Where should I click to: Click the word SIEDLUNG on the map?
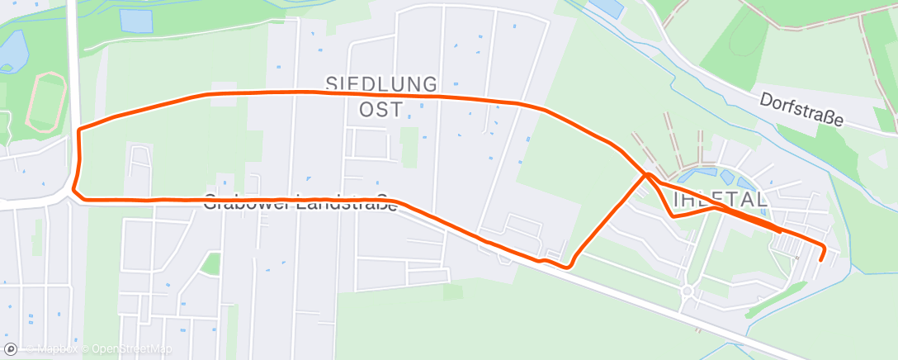point(380,83)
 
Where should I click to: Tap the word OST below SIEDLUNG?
point(380,108)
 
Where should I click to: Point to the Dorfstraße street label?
point(801,109)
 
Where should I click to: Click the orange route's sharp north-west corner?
point(78,130)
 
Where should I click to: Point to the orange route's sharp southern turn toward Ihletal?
point(568,267)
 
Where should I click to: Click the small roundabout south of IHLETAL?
point(687,290)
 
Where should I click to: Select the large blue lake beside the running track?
point(12,50)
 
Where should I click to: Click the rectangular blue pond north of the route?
point(136,20)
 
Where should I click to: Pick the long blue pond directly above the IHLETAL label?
point(697,176)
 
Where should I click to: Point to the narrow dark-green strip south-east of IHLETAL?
point(776,300)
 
